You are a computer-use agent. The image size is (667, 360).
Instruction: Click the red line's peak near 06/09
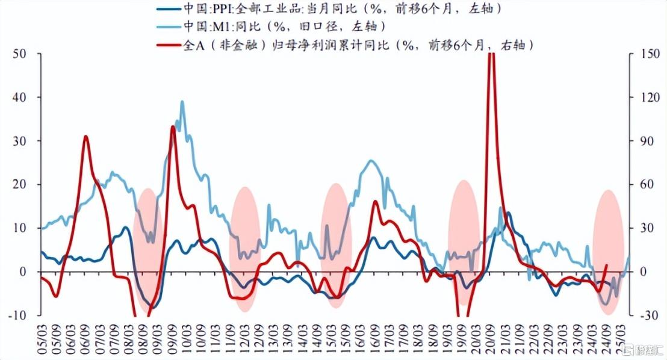coord(85,137)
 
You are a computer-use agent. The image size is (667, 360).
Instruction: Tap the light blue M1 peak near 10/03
coord(182,102)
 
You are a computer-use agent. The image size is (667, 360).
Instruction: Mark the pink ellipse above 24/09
coord(608,252)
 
